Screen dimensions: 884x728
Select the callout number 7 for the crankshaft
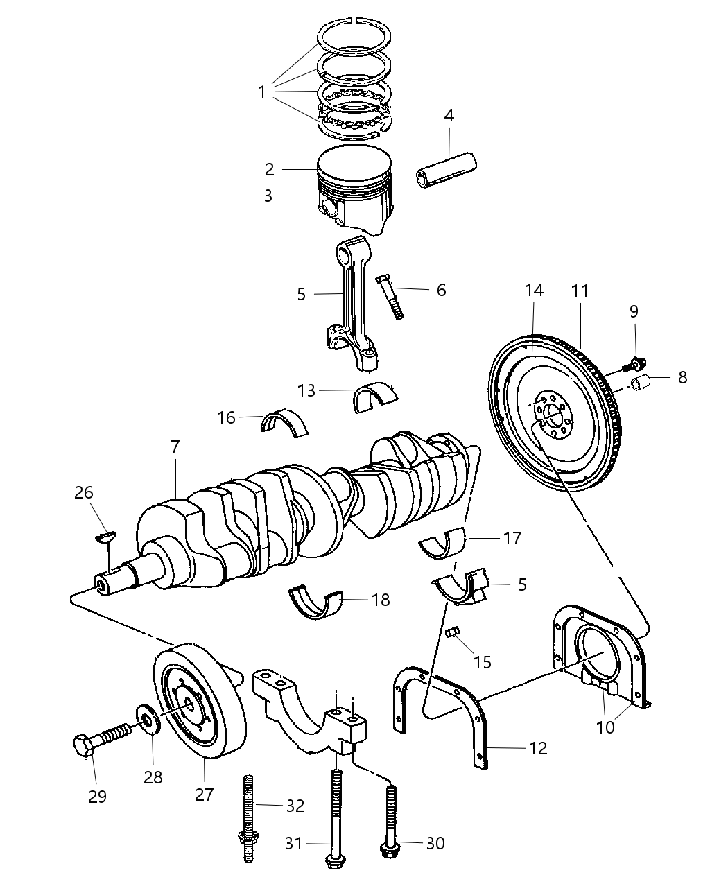point(175,447)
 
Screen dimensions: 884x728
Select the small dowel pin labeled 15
point(455,633)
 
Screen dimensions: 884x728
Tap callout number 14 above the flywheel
point(533,291)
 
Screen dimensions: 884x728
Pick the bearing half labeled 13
point(375,397)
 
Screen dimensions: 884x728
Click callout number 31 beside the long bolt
point(295,843)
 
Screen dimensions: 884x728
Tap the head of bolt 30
point(386,847)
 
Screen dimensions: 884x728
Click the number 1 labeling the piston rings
point(261,92)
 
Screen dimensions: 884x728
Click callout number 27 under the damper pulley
point(204,794)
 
